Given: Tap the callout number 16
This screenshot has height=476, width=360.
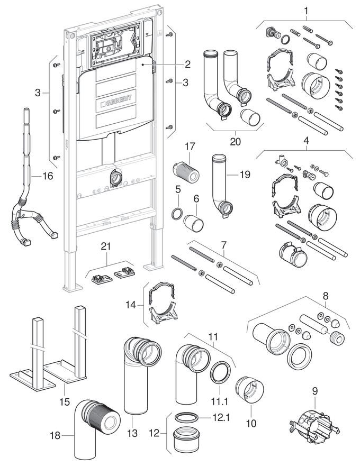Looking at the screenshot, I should pos(48,176).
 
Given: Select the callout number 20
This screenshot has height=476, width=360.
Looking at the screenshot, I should pos(236,141).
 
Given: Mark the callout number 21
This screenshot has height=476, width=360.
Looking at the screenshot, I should pos(106,245).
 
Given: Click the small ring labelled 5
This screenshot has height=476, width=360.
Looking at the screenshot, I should pos(178,214).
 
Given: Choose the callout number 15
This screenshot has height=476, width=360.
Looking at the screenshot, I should pos(65,402).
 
